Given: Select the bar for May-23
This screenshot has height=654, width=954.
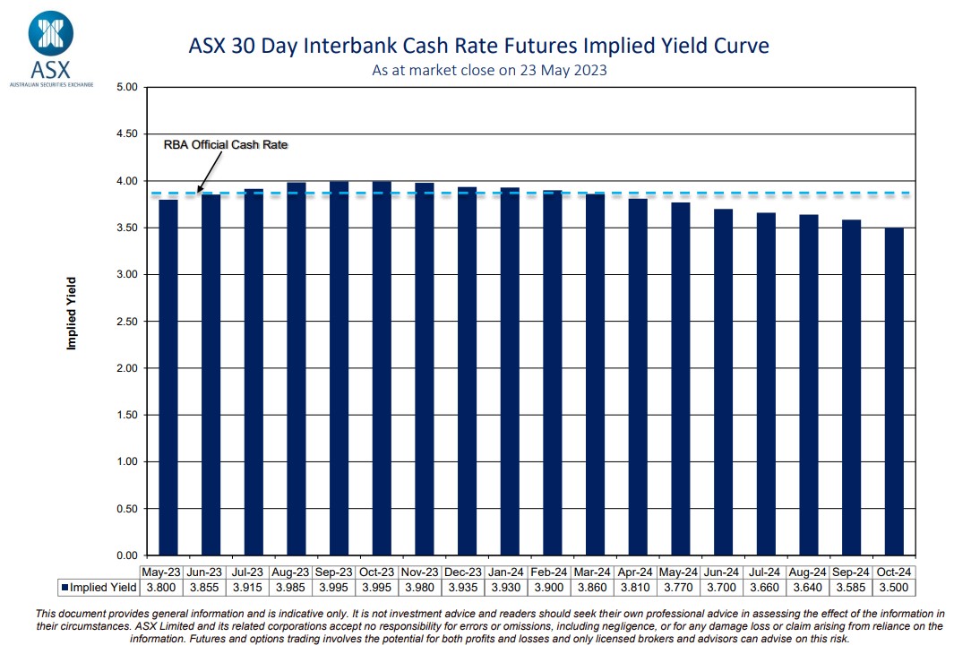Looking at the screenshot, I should [x=168, y=376].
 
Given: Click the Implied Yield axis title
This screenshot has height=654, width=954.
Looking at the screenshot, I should [x=72, y=313].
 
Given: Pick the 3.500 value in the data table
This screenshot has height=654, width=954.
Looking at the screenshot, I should [x=893, y=588].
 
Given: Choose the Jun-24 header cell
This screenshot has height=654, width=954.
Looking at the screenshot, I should [x=723, y=572].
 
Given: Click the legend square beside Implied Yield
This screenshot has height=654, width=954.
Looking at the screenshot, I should [x=64, y=589].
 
